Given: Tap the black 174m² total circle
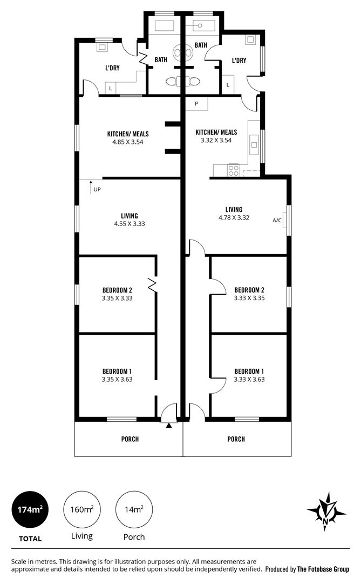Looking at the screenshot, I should (30, 509).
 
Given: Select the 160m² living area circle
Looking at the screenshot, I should (82, 509).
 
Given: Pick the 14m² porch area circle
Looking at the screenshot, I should (134, 509).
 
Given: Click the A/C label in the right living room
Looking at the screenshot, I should (277, 221).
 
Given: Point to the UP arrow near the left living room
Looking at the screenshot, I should (91, 185).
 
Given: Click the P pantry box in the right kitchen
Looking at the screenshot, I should (196, 103).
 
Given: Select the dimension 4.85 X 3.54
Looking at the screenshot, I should (128, 142).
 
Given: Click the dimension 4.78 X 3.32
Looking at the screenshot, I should (234, 218).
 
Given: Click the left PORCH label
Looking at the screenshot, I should (130, 439).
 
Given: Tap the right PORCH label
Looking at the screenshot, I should (236, 439).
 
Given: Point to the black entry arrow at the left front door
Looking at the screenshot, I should (169, 425).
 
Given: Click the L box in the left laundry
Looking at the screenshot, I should (111, 88).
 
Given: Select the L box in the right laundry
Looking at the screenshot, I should (228, 85).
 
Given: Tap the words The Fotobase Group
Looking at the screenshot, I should (323, 569).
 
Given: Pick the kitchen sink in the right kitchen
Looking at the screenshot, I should (254, 143).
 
